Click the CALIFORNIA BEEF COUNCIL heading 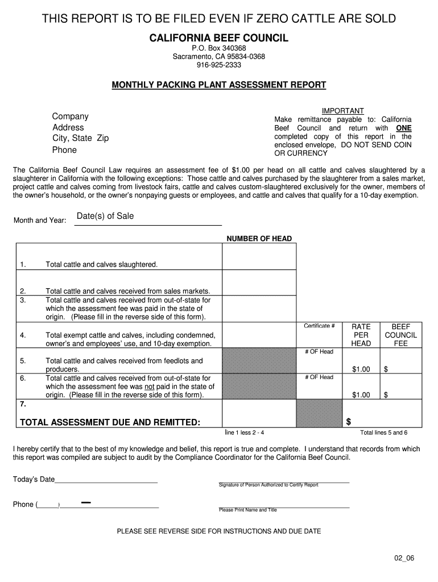(x=218, y=38)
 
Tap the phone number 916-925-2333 (x=218, y=65)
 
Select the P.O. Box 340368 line (x=218, y=48)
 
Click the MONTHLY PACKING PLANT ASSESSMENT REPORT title (x=218, y=85)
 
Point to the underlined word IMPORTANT (x=342, y=111)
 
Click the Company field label (x=71, y=117)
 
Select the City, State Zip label (x=80, y=138)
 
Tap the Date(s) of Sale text (x=105, y=216)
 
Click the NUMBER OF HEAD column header (x=259, y=239)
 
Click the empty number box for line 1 (x=259, y=256)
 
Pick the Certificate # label (x=319, y=326)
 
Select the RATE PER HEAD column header (x=361, y=335)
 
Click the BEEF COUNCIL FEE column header (x=401, y=335)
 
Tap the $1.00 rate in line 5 (x=361, y=369)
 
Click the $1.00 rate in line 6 (x=361, y=395)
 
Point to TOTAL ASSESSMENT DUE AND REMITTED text (x=110, y=422)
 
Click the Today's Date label (x=34, y=479)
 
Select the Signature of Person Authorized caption (x=268, y=485)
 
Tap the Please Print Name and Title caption (x=247, y=510)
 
